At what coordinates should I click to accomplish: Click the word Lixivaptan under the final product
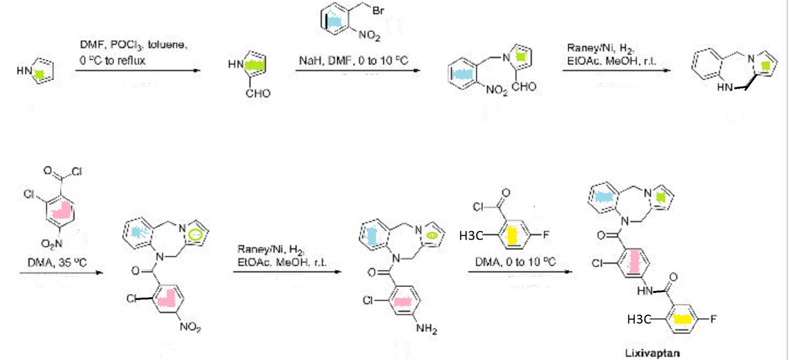tap(652, 353)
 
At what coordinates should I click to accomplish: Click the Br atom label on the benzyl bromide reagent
tap(378, 10)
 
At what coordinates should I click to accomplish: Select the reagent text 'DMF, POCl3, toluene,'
tap(134, 45)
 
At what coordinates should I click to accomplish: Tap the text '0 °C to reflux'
tap(112, 61)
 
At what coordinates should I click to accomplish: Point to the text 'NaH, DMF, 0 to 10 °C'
tap(353, 61)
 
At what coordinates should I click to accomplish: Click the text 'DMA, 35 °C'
tap(57, 262)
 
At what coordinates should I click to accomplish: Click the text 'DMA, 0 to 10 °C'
tap(515, 262)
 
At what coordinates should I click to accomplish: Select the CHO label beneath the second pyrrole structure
tap(258, 93)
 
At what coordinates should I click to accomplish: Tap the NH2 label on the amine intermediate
tap(426, 328)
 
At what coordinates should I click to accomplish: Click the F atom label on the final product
tap(713, 319)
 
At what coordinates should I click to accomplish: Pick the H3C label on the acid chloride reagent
tap(470, 236)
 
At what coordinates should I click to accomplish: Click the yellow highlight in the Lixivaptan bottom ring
tap(683, 320)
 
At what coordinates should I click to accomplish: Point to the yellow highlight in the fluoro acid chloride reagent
tap(512, 235)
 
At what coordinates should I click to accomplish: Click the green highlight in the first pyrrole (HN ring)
tap(39, 74)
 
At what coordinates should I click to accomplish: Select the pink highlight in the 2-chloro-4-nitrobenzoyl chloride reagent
tap(62, 212)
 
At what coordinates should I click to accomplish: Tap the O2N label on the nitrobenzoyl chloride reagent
tap(52, 243)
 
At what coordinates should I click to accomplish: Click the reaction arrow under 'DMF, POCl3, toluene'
tap(138, 71)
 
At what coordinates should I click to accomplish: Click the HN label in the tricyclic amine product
tap(724, 87)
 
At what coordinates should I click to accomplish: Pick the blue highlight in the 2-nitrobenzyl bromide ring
tap(335, 21)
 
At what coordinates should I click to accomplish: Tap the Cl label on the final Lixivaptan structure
tap(597, 263)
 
